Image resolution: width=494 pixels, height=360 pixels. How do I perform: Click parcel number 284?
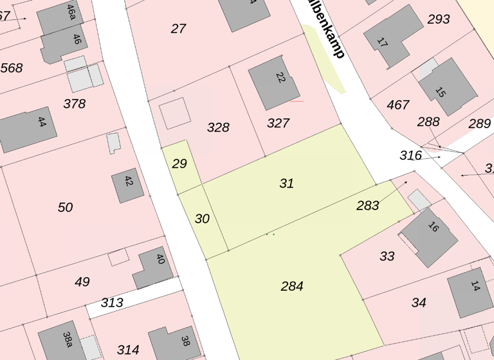coord(292,287)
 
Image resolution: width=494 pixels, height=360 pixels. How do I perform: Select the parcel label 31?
coord(287,184)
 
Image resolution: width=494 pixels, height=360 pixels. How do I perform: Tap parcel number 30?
coord(202,219)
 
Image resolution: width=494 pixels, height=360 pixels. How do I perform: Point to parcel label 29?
coord(179,164)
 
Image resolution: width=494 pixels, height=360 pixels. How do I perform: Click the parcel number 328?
coord(218,127)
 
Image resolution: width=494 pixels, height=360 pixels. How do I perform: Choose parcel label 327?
coord(278,123)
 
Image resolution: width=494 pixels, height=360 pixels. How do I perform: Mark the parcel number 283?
coord(368,206)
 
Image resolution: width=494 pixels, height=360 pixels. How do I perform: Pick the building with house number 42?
coord(127,185)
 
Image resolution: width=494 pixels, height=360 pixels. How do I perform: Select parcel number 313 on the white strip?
coord(112,303)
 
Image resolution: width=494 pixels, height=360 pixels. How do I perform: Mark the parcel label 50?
coord(65,208)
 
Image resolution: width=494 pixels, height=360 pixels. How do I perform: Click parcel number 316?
coord(410,156)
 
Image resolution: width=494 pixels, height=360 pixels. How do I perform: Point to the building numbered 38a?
coord(62,343)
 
